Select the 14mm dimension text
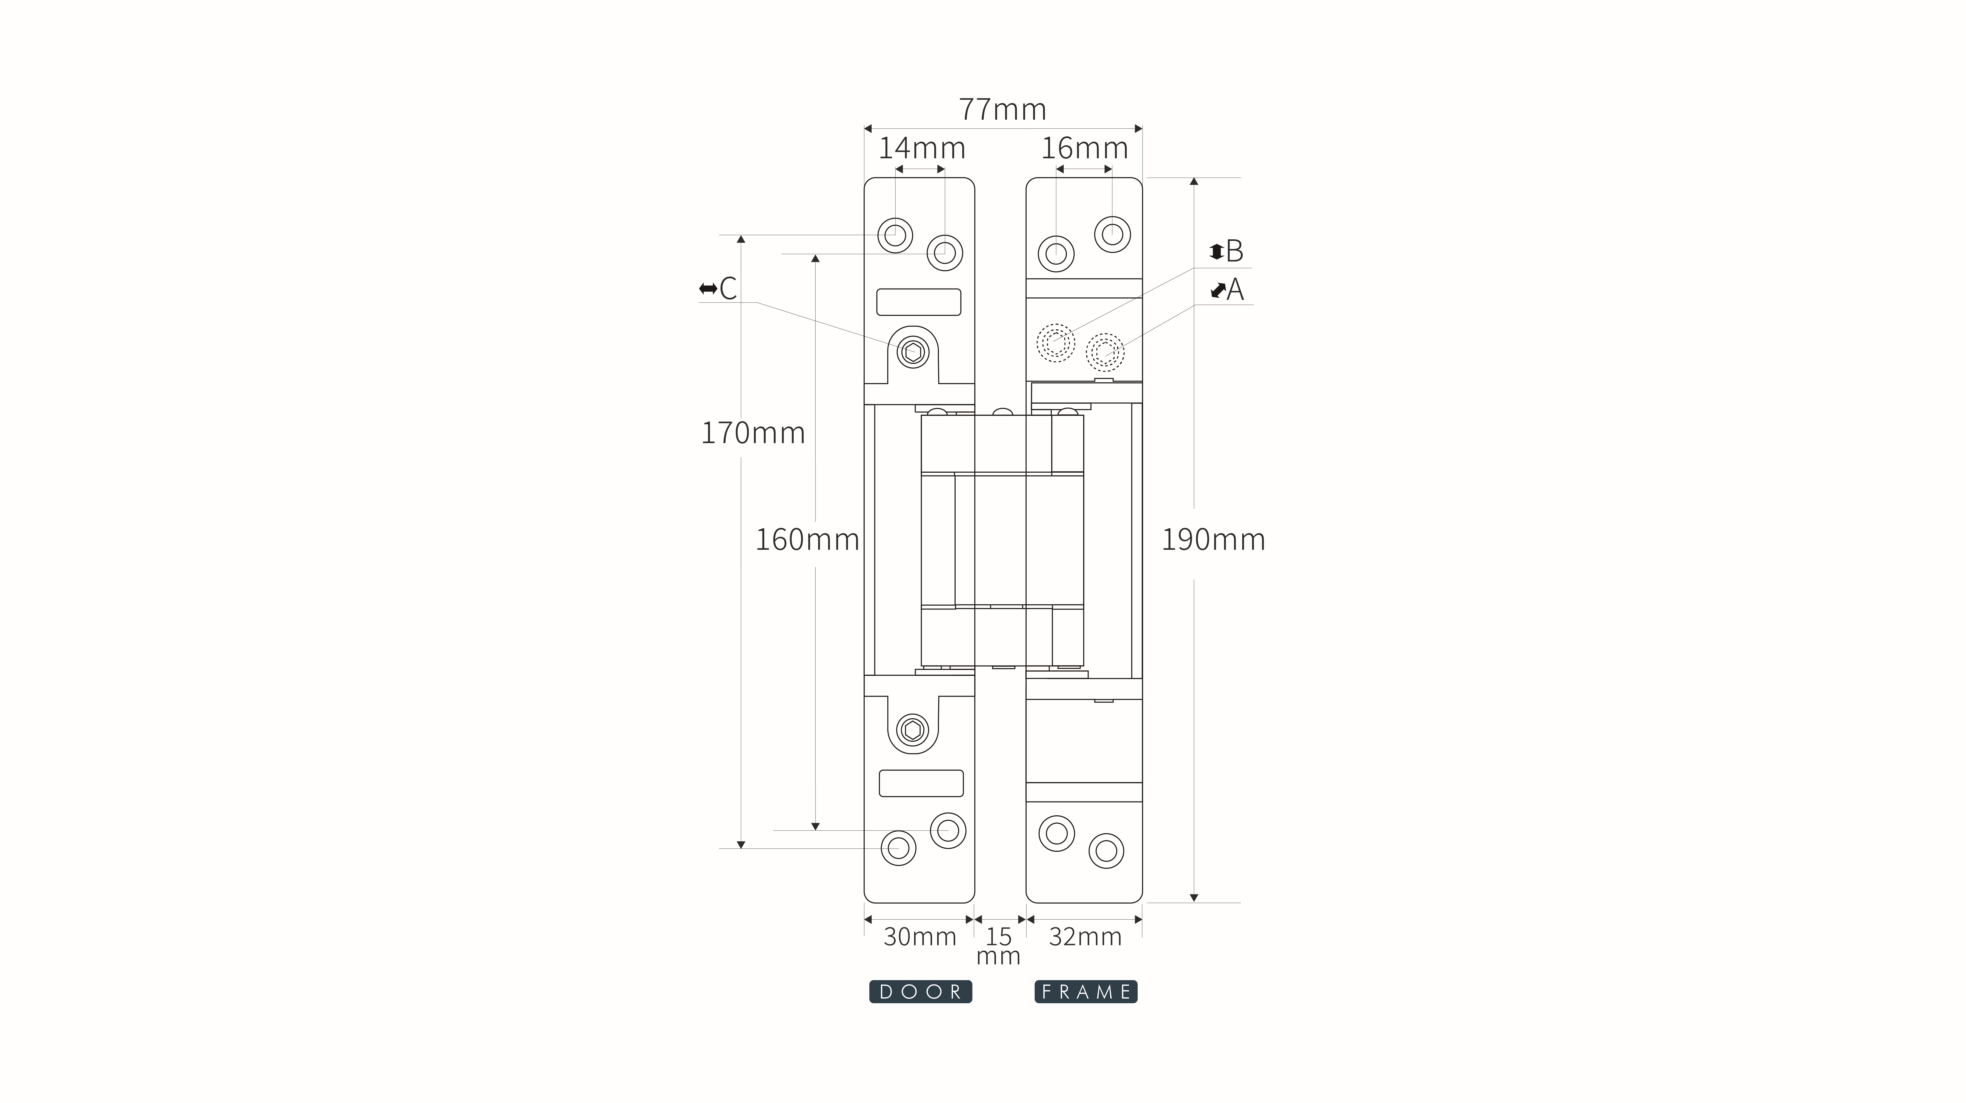click(922, 148)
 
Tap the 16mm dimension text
click(1085, 148)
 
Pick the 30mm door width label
click(920, 937)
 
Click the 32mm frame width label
click(1085, 937)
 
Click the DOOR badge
click(920, 992)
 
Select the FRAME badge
click(1086, 992)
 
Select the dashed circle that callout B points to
click(1056, 343)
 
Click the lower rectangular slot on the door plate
click(921, 783)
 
